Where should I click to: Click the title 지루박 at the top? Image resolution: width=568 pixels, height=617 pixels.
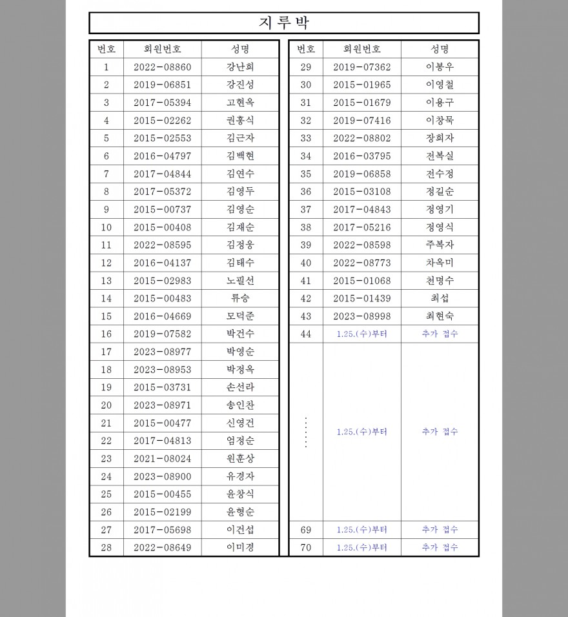tap(284, 23)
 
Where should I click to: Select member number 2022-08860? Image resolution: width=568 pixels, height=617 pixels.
tap(163, 67)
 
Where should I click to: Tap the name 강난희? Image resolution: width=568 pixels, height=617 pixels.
tap(240, 67)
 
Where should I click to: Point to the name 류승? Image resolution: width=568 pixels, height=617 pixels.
tap(240, 299)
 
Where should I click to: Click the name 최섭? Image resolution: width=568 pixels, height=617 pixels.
tap(440, 299)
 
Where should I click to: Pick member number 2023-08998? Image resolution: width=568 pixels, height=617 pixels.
tap(362, 316)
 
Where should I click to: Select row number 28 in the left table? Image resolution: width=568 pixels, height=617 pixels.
tap(107, 548)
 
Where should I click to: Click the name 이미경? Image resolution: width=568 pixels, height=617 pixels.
tap(240, 548)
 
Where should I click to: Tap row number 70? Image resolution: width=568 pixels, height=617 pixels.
tap(306, 548)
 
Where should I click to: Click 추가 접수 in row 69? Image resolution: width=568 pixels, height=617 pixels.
tap(440, 530)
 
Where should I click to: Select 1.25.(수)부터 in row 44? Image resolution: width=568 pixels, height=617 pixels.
tap(362, 334)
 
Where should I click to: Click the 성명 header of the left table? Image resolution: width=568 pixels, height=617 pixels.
tap(240, 49)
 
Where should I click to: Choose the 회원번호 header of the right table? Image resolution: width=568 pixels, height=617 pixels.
tap(362, 49)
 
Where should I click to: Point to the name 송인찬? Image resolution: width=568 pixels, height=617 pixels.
tap(240, 405)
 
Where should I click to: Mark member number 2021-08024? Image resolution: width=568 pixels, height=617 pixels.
tap(163, 459)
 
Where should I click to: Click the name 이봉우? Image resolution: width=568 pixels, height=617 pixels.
tap(440, 67)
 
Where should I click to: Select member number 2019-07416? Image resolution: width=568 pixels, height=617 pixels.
tap(362, 121)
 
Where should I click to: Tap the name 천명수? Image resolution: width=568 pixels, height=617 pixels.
tap(440, 281)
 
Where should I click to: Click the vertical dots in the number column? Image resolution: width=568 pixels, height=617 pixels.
tap(306, 432)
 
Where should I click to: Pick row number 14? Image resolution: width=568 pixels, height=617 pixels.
tap(107, 299)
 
